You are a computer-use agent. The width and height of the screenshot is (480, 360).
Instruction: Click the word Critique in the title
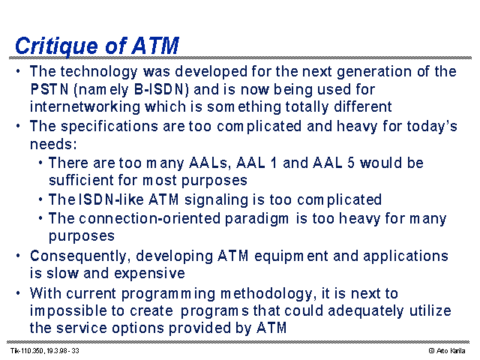[57, 46]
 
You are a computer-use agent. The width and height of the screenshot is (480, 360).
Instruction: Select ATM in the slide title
[156, 46]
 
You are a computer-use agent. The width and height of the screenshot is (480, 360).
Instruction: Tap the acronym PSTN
[49, 89]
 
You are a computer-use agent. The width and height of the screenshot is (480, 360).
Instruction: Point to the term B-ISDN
[160, 89]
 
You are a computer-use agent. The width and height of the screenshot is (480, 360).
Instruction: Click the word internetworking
[85, 107]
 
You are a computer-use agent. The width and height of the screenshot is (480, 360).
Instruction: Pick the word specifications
[109, 127]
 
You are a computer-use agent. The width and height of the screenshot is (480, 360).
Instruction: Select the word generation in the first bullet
[374, 72]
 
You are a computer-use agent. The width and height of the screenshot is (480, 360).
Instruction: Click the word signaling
[216, 199]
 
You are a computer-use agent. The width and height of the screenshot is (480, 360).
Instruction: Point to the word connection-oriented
[150, 218]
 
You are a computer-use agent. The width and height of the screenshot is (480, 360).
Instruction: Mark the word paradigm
[256, 219]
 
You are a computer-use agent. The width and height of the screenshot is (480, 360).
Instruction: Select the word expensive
[149, 273]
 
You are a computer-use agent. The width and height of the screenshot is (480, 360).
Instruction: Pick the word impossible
[68, 311]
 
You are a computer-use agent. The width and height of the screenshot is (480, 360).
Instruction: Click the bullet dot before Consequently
[18, 256]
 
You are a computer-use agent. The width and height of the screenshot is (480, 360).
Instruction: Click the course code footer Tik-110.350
[28, 351]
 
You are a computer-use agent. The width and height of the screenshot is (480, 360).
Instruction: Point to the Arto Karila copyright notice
[447, 351]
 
